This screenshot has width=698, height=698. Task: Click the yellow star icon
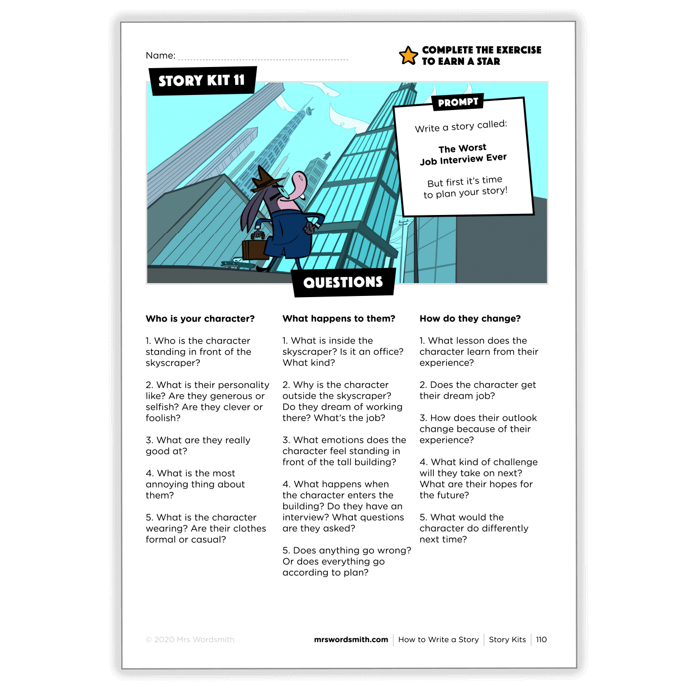408,55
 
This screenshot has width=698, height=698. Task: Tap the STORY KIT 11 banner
202,80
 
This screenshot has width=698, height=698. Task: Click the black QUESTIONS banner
343,282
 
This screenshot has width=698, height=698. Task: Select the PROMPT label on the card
458,102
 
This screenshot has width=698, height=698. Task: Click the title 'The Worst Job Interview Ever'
463,154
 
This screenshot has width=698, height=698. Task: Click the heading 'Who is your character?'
200,318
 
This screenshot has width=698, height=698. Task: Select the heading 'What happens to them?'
338,318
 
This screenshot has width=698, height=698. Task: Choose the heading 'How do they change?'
470,318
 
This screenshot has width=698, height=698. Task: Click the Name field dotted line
263,58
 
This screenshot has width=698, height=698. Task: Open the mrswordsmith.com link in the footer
351,639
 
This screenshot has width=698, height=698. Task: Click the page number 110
541,639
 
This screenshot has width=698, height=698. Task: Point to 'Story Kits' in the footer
507,639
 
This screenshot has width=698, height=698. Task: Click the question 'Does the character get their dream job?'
477,390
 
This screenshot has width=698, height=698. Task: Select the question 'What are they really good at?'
198,446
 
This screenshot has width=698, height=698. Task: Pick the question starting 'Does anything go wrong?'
346,561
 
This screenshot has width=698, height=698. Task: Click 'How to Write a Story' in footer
438,639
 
